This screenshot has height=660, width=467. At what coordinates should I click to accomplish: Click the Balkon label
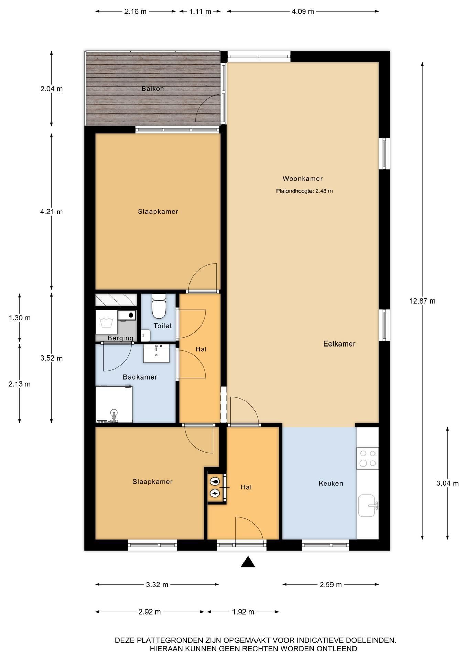point(153,89)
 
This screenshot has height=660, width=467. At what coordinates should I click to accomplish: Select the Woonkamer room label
point(303,178)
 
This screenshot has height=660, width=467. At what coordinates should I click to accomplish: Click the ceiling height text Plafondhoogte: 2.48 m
point(304,191)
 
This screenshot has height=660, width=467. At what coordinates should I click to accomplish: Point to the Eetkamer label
point(339,343)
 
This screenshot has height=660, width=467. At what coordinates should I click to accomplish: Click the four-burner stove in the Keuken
point(368,458)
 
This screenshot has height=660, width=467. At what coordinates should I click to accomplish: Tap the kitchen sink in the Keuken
point(367,505)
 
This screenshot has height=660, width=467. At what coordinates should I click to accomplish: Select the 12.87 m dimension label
point(422,301)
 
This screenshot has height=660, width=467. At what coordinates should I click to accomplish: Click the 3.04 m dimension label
point(447,483)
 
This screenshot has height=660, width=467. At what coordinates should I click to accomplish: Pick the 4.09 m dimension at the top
point(303,11)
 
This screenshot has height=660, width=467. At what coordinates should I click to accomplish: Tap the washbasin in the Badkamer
point(156,353)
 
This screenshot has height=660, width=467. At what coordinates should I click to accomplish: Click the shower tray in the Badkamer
point(114,405)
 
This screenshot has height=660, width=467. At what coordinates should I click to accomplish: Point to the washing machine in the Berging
point(106,322)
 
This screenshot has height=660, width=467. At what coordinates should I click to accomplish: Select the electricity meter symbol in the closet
point(215,494)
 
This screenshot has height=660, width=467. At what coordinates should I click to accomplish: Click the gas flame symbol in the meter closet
point(215,482)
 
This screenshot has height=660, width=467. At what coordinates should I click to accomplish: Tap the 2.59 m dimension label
point(330,584)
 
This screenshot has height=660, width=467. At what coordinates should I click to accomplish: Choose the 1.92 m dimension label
point(243,612)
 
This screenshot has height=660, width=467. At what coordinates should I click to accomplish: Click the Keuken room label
point(331,483)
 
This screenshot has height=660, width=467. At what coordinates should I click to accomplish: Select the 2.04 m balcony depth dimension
point(51,89)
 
